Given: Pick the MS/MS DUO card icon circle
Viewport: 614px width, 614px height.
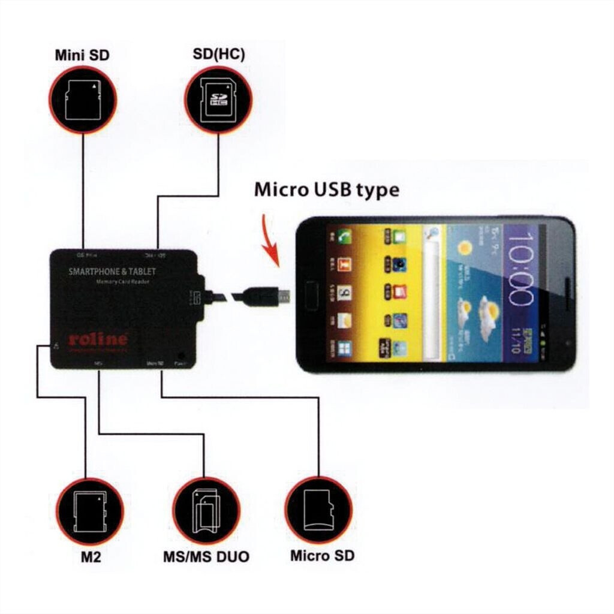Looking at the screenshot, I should point(206,510).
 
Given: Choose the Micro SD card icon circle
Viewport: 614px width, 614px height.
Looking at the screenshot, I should point(318,510).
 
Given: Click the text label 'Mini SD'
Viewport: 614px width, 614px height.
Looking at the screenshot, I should point(82,56).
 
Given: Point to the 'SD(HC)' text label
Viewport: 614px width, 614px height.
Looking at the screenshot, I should point(218,55).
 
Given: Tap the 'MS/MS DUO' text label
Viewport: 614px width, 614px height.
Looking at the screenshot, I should point(206,557).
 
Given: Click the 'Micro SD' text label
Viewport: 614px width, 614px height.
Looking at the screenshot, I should point(322,555).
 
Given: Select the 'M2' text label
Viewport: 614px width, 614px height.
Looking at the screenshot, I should point(91,557).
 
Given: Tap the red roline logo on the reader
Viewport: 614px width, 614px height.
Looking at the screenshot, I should point(98,339).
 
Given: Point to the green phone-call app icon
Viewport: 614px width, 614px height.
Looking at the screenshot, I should point(344,236).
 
